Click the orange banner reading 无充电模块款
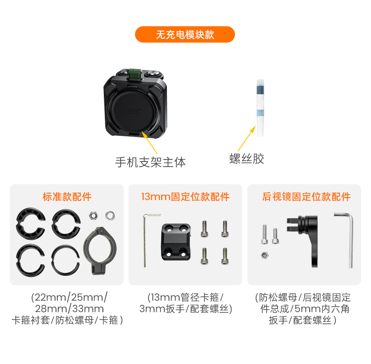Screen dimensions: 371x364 (185, 35)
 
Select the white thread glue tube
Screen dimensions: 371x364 (260, 108)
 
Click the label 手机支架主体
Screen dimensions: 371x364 (150, 162)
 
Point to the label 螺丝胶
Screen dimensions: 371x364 (247, 158)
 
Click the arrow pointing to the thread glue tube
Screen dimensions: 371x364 (246, 139)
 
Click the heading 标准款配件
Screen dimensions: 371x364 (67, 197)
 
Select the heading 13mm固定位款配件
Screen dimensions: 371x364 (185, 197)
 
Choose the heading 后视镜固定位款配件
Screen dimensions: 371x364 (306, 197)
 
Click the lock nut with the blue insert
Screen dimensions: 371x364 (93, 216)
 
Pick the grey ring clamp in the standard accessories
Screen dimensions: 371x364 (99, 251)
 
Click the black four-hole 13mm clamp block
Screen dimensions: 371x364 (176, 242)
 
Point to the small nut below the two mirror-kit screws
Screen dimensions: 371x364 (265, 256)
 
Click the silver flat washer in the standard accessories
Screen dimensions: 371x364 (110, 216)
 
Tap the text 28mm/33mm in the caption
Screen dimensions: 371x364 (69, 309)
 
